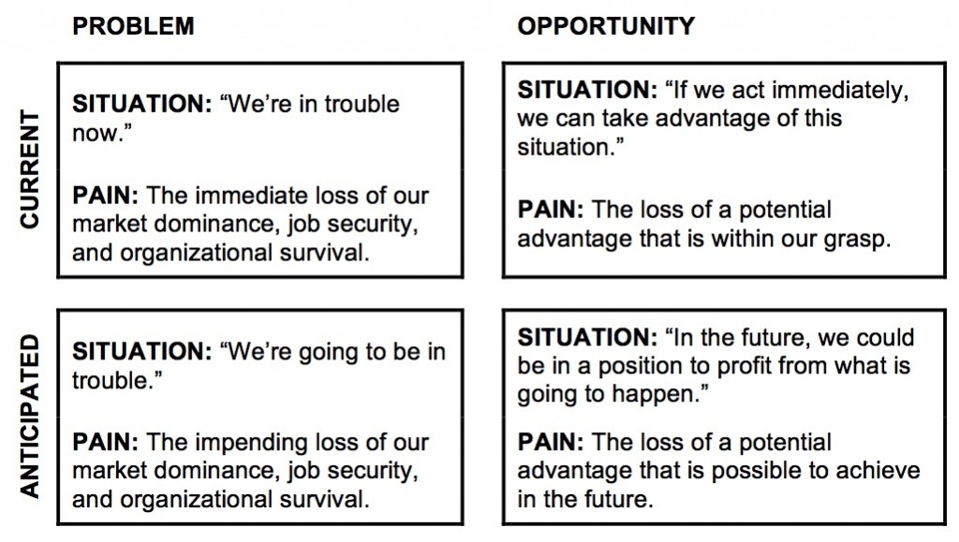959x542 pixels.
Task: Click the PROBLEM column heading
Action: click(133, 26)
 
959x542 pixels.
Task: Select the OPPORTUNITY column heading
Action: click(606, 26)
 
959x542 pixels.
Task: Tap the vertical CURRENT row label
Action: click(30, 168)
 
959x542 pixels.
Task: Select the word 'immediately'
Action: click(847, 92)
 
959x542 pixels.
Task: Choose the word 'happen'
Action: click(660, 394)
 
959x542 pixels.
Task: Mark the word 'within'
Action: click(727, 239)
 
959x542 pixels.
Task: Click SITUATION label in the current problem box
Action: click(142, 104)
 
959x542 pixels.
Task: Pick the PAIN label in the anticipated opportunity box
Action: click(550, 443)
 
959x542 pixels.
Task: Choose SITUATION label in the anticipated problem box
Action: click(142, 352)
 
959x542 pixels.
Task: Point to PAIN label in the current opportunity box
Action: click(550, 211)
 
